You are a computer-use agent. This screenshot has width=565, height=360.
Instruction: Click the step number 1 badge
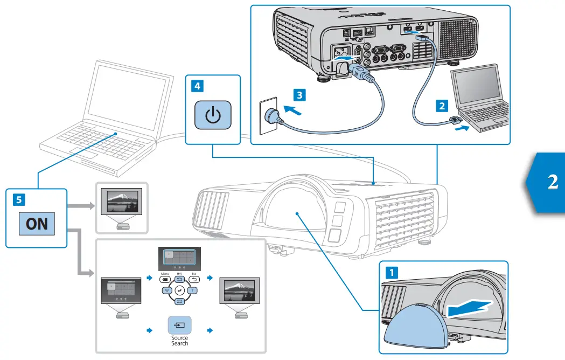pos(393,272)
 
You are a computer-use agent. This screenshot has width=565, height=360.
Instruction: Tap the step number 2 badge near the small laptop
pos(442,106)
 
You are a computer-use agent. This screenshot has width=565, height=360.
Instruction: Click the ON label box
pos(37,223)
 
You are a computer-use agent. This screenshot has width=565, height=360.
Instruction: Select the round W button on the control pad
pos(166,290)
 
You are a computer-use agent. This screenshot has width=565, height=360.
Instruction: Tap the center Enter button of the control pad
pos(180,290)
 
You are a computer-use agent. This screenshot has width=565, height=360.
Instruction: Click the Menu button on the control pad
pos(165,279)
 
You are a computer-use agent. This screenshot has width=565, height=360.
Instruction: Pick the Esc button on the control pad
pos(195,279)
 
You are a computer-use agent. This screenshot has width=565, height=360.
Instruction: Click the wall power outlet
pos(269,115)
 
